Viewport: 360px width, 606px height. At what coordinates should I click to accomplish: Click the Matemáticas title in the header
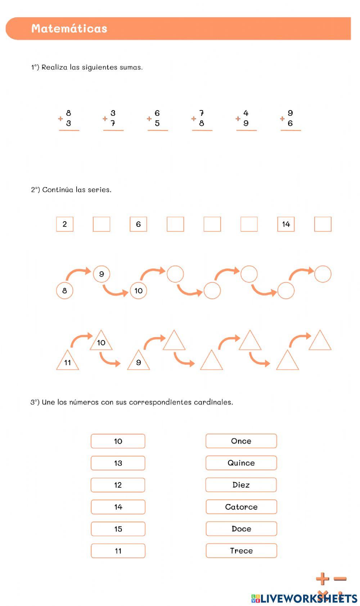pyautogui.click(x=69, y=28)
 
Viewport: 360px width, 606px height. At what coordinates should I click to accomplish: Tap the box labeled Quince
pyautogui.click(x=241, y=463)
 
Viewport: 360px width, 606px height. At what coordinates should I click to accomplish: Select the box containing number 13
pyautogui.click(x=118, y=463)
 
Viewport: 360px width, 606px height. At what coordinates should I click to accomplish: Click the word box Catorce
pyautogui.click(x=241, y=507)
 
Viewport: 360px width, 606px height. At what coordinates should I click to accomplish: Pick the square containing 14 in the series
pyautogui.click(x=286, y=224)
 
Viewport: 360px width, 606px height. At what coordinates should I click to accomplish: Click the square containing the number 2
pyautogui.click(x=65, y=224)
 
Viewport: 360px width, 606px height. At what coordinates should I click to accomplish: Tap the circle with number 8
pyautogui.click(x=65, y=291)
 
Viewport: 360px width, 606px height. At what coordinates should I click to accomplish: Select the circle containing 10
pyautogui.click(x=139, y=291)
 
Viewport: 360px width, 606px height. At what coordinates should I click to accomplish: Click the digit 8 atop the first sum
pyautogui.click(x=68, y=113)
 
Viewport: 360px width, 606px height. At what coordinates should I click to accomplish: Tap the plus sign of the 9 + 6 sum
pyautogui.click(x=282, y=118)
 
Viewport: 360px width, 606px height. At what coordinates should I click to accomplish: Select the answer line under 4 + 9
pyautogui.click(x=246, y=130)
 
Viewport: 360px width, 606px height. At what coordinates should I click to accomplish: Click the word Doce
pyautogui.click(x=241, y=529)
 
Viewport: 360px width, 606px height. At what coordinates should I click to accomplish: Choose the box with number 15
pyautogui.click(x=118, y=529)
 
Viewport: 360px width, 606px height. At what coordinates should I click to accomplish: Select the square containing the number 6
pyautogui.click(x=138, y=224)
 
